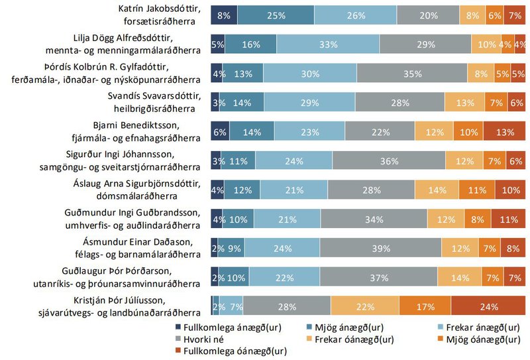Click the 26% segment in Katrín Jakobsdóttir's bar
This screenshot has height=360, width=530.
tap(356, 15)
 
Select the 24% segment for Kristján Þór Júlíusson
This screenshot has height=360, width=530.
tap(488, 307)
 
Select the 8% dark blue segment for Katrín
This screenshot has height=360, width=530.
tap(224, 15)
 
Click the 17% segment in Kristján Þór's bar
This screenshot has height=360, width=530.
tap(426, 307)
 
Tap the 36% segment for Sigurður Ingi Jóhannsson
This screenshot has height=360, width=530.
tap(388, 161)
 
